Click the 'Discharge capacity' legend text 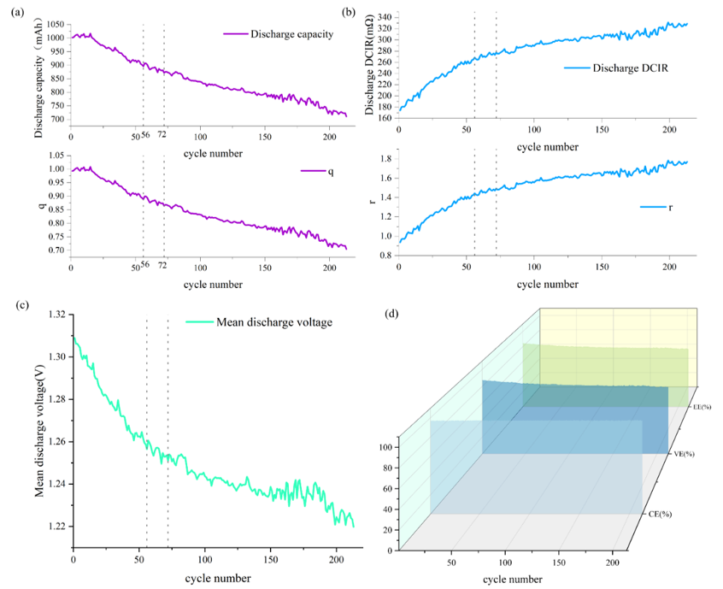click(x=291, y=34)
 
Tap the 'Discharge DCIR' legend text click(x=631, y=68)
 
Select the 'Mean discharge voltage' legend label click(x=274, y=322)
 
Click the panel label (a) click(x=18, y=13)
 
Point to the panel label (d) click(x=392, y=314)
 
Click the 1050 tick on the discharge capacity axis click(x=56, y=25)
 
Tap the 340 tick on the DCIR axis click(x=385, y=18)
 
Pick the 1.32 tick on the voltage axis click(x=57, y=315)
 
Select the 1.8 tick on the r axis click(x=386, y=159)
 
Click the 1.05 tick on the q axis click(x=56, y=156)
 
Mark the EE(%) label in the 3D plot click(x=702, y=407)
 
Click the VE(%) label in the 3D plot click(x=685, y=454)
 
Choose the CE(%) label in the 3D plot click(x=661, y=514)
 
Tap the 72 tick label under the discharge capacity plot click(x=162, y=134)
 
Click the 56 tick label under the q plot click(x=144, y=264)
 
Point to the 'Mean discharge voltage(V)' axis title click(x=39, y=430)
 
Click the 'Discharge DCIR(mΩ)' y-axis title click(x=369, y=64)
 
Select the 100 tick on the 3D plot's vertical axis click(x=387, y=447)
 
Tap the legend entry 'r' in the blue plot click(x=670, y=207)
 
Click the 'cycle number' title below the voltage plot click(x=218, y=579)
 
